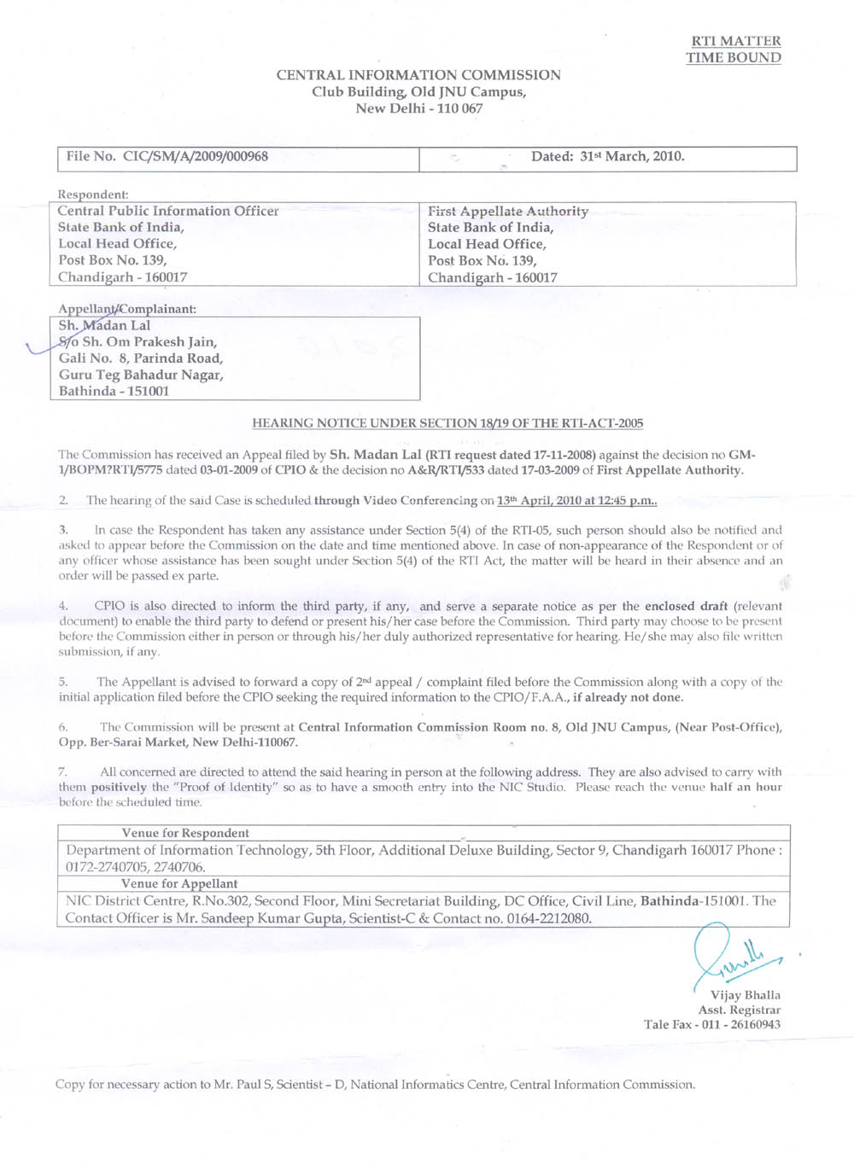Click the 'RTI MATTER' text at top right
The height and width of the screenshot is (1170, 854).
coord(735,41)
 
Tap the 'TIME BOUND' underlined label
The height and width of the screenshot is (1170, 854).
coord(733,58)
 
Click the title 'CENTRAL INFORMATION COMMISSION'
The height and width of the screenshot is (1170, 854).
coord(418,75)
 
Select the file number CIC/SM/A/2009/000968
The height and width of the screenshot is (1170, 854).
coord(195,157)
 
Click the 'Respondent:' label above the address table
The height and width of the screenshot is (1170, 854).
coord(93,195)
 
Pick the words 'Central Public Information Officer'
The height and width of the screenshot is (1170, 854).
coord(168,211)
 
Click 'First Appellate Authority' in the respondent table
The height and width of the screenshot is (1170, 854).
coord(508,211)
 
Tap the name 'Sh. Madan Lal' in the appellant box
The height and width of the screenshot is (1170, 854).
coord(104,325)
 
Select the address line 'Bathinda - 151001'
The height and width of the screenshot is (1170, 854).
coord(114,391)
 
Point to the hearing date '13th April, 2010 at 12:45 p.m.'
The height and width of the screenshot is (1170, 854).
coord(576,501)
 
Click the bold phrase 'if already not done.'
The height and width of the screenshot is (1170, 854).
coord(628,697)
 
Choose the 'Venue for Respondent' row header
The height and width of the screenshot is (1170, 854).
coord(185,833)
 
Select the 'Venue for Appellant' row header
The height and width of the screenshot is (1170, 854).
coord(179,884)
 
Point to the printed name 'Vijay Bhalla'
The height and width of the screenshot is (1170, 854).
coord(745,995)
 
